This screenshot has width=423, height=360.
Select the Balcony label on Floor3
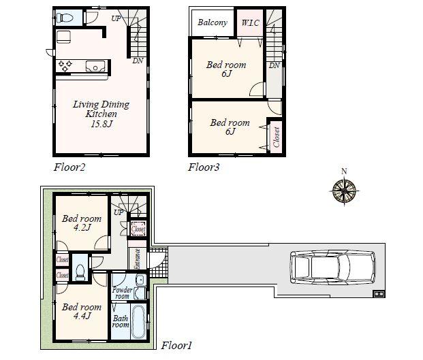(213, 22)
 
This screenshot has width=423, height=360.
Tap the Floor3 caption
(204, 166)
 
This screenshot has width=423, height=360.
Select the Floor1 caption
(177, 345)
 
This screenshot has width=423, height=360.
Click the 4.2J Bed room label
(82, 224)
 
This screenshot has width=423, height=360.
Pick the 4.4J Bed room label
(82, 312)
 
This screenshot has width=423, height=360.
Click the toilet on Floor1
(80, 272)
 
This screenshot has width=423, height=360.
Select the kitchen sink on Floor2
(95, 66)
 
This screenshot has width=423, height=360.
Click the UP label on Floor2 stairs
(116, 18)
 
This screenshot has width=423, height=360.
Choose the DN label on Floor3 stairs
(273, 65)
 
